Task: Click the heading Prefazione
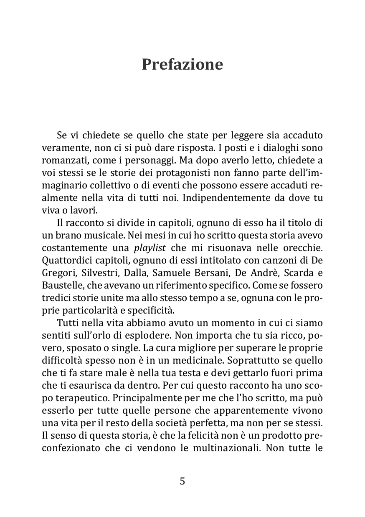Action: [x=182, y=65]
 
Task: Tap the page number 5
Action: [x=182, y=481]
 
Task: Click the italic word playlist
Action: [x=150, y=248]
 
